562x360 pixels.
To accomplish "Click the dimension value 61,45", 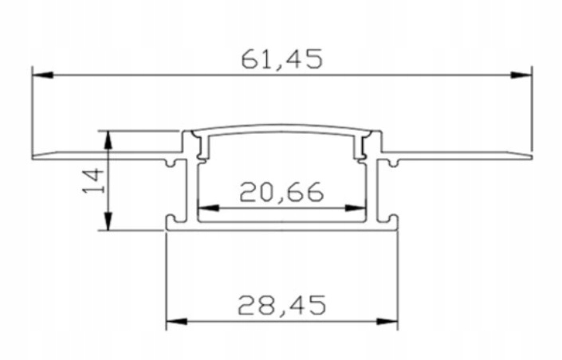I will coord(281,60).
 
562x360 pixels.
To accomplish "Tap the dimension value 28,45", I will coord(281,303).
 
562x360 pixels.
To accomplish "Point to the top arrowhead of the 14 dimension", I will coord(108,139).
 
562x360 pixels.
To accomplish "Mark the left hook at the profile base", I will coord(171,217).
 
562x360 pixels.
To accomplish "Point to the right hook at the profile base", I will coord(392,217).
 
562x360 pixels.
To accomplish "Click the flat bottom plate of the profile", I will coord(281,228).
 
